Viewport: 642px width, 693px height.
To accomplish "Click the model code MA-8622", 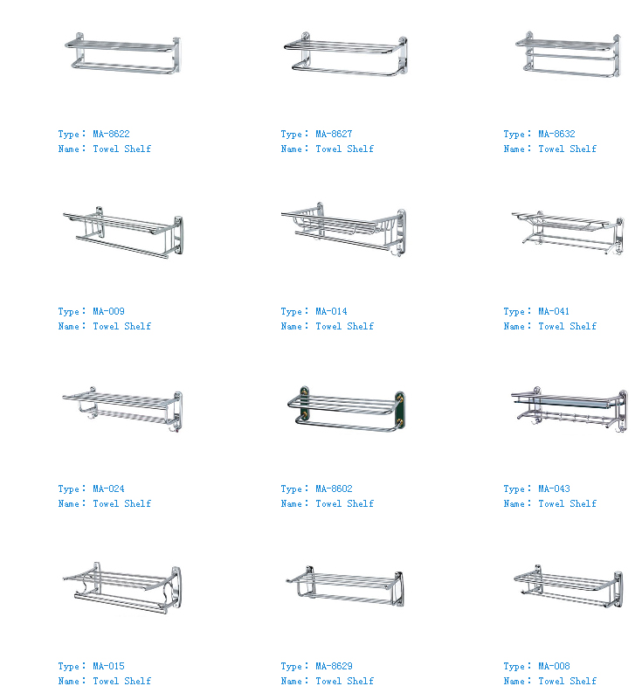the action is coord(111,134).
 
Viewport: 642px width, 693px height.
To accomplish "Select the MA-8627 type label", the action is coord(334,134).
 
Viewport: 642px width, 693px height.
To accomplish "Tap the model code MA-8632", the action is coord(556,134).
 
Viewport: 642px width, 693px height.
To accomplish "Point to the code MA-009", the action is coord(108,311).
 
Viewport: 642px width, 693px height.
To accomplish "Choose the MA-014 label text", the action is coord(331,311).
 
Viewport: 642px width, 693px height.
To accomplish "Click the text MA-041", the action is coord(554,311).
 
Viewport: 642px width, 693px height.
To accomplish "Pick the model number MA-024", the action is coord(108,489).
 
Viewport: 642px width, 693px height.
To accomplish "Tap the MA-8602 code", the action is coord(334,489).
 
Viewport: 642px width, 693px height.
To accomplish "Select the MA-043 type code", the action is coord(554,489).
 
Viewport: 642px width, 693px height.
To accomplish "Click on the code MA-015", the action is coord(108,666).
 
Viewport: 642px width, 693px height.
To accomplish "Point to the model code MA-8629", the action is coord(334,666).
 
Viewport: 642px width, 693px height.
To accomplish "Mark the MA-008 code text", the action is coord(554,666).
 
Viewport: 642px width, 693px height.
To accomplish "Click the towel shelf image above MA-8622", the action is coord(122,53).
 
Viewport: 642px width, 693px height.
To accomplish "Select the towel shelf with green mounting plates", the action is coord(346,409).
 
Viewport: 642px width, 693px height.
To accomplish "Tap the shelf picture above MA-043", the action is coord(570,410).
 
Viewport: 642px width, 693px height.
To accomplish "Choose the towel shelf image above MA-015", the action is coord(122,588).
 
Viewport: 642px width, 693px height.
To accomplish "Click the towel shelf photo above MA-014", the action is coord(343,229).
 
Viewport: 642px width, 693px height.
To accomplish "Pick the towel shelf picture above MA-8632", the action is coord(568,54).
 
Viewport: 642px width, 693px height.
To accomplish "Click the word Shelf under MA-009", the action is coord(137,326).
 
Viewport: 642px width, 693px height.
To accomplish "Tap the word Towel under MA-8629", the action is coord(328,681).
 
